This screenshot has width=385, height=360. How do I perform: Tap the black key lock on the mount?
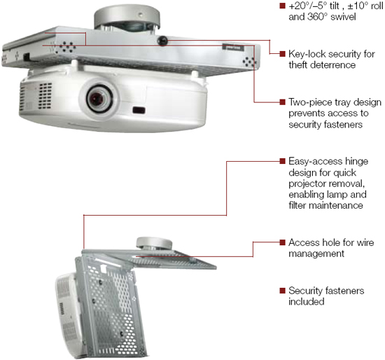[162, 41]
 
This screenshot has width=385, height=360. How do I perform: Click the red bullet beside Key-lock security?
[282, 53]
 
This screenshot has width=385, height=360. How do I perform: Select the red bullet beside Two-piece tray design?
[282, 102]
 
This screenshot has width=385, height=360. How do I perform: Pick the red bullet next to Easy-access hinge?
[282, 161]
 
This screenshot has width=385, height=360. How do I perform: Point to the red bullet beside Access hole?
[282, 242]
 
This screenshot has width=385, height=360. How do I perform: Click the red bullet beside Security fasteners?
[282, 291]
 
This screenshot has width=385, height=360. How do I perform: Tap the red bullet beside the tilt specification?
[282, 6]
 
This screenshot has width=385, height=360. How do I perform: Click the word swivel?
[343, 17]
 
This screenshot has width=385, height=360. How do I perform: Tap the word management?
[316, 254]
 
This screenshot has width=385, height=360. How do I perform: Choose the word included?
[307, 301]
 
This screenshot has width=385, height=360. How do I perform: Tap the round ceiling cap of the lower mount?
[154, 243]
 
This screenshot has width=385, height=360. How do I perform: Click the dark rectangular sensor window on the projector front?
[139, 110]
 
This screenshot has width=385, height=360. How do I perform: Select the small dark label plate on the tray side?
[233, 47]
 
